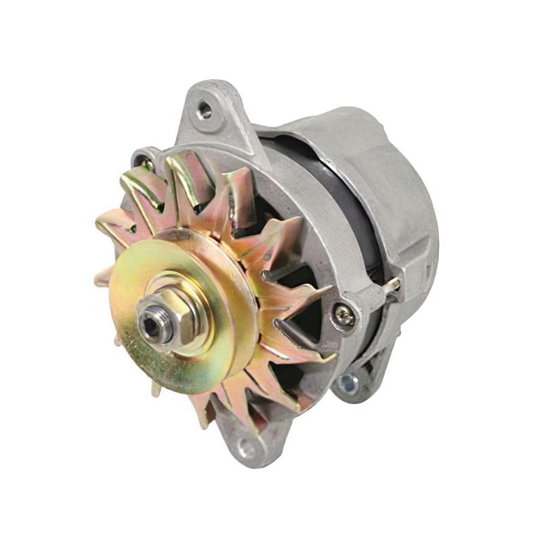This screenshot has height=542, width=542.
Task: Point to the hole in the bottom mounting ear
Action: (245, 449)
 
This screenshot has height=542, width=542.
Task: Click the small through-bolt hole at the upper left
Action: (144, 161)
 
